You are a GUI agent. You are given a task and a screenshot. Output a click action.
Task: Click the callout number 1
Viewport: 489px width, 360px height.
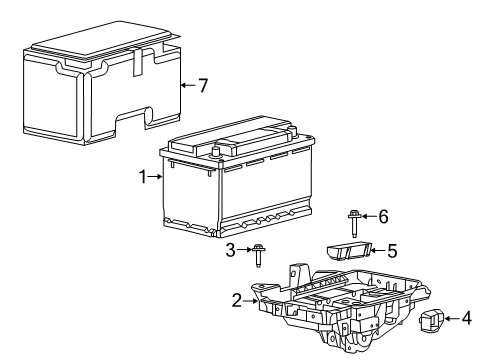point(144,177)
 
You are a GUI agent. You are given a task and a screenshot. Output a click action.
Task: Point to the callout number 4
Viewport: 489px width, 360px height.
point(467,319)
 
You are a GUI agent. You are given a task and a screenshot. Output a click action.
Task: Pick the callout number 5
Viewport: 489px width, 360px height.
point(393,250)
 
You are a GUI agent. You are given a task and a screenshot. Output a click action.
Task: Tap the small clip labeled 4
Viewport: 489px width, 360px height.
point(433,320)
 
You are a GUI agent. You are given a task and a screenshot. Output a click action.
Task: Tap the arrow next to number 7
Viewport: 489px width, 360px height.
point(186,85)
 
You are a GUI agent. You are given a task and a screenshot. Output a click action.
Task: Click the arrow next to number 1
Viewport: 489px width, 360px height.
point(157,177)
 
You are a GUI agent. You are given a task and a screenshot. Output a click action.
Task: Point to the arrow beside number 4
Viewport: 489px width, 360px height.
point(453,319)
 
